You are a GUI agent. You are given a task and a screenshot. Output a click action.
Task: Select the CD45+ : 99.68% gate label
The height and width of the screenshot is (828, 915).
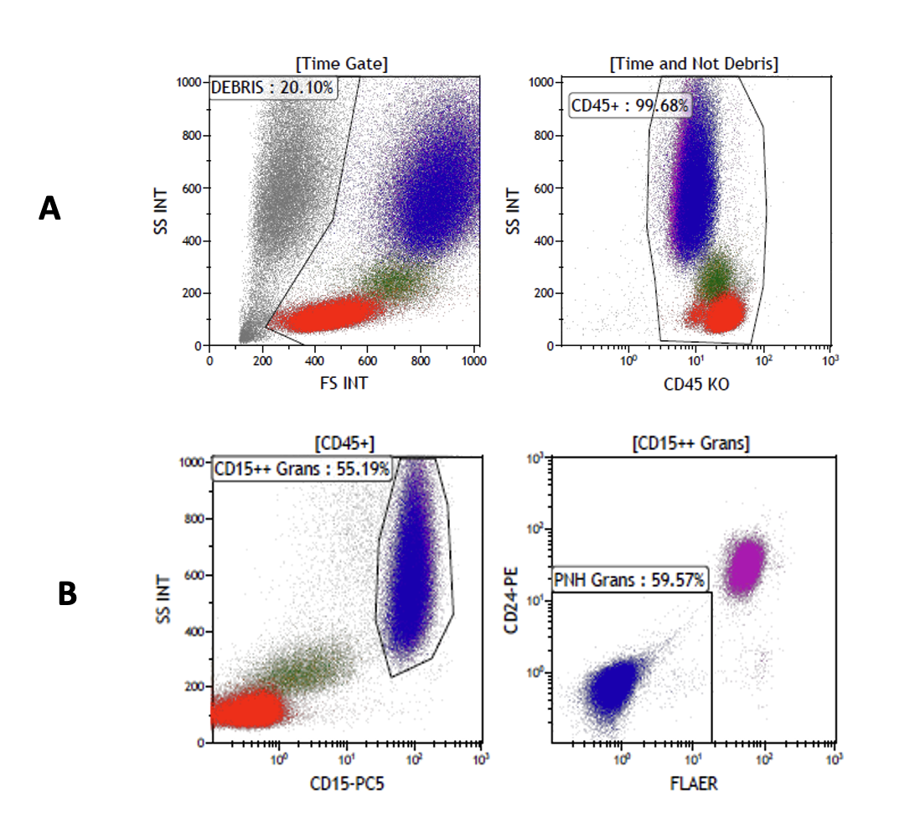click(x=630, y=106)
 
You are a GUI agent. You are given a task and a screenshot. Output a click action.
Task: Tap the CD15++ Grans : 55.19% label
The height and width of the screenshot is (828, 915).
click(x=302, y=469)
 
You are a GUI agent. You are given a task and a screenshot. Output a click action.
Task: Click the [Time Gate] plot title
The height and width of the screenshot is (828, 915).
click(x=342, y=64)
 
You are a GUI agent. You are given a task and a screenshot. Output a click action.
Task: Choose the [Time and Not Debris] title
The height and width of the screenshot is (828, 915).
click(x=695, y=64)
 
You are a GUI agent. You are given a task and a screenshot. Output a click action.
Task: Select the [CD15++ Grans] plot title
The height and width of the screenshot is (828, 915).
click(x=692, y=442)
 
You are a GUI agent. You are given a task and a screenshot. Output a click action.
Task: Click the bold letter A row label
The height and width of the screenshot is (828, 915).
click(x=49, y=209)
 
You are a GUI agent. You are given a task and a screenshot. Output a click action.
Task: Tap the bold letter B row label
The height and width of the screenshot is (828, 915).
click(x=67, y=594)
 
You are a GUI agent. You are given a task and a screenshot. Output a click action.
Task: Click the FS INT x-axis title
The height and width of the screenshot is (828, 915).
click(x=344, y=383)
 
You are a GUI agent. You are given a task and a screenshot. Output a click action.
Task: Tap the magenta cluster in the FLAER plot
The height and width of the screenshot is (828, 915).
click(x=745, y=567)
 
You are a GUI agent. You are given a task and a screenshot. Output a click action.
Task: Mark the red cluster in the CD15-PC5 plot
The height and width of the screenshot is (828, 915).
click(x=247, y=710)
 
